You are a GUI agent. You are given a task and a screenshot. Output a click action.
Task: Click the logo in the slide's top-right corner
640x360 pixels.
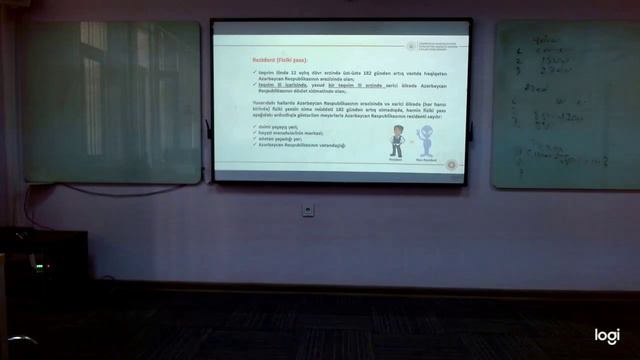point(412,45)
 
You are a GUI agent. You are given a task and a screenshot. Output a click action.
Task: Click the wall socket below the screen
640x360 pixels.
point(308,210)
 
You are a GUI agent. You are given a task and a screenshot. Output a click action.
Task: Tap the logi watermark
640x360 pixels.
point(607,336)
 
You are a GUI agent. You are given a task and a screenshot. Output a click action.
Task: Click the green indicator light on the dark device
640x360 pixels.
point(38,266)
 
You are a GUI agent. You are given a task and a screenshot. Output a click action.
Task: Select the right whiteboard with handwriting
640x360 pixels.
point(565,105)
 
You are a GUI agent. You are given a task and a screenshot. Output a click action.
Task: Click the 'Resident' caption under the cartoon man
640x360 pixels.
point(397,160)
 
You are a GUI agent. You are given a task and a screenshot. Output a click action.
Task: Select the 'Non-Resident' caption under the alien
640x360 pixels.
point(426,160)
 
